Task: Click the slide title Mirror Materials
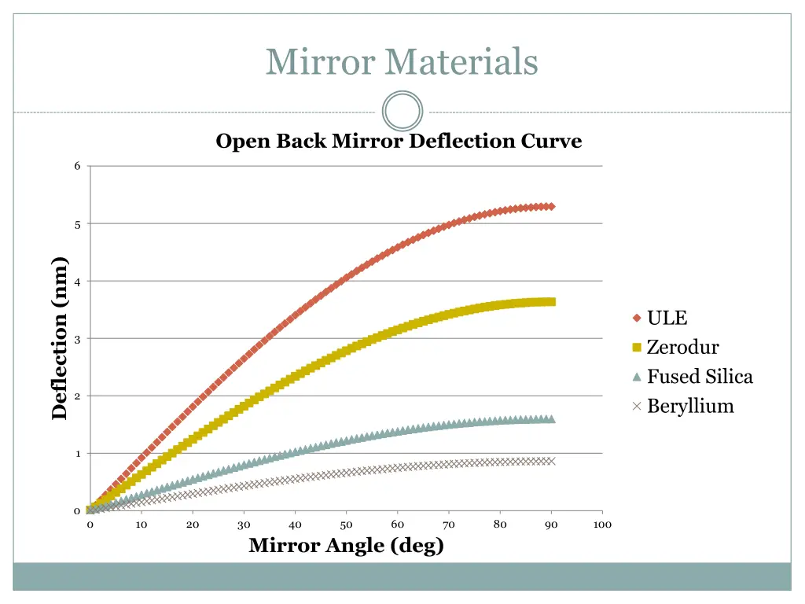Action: tap(402, 61)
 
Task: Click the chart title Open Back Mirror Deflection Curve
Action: tap(399, 142)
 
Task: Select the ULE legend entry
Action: tap(667, 318)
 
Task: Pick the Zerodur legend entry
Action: tap(682, 347)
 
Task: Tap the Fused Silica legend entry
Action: tap(699, 377)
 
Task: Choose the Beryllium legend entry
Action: tap(689, 406)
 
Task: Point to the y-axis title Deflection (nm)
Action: tap(60, 339)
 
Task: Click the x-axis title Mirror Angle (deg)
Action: tap(346, 545)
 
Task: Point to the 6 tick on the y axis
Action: tap(77, 166)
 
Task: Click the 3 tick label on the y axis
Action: tap(77, 339)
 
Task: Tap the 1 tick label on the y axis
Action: tap(77, 454)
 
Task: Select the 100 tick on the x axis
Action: tap(602, 525)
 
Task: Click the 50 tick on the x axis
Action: tap(346, 525)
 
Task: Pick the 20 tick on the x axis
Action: tap(193, 525)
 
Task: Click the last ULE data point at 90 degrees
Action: tap(551, 207)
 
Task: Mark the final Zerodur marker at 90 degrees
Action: tap(551, 302)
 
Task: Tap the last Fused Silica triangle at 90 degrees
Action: tap(551, 419)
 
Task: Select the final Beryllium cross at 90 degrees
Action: tap(551, 461)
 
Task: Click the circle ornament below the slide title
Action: tap(402, 111)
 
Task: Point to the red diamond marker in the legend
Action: tap(637, 319)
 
